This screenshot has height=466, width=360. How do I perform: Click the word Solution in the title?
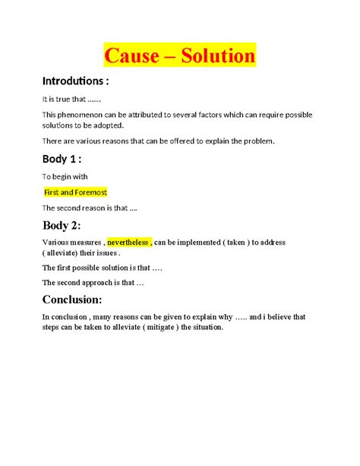click(213, 55)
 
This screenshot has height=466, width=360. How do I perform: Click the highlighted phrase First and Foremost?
click(74, 192)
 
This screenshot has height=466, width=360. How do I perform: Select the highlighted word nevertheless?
click(128, 242)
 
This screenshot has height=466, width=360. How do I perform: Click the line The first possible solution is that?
click(102, 268)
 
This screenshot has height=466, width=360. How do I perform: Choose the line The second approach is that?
click(93, 282)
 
